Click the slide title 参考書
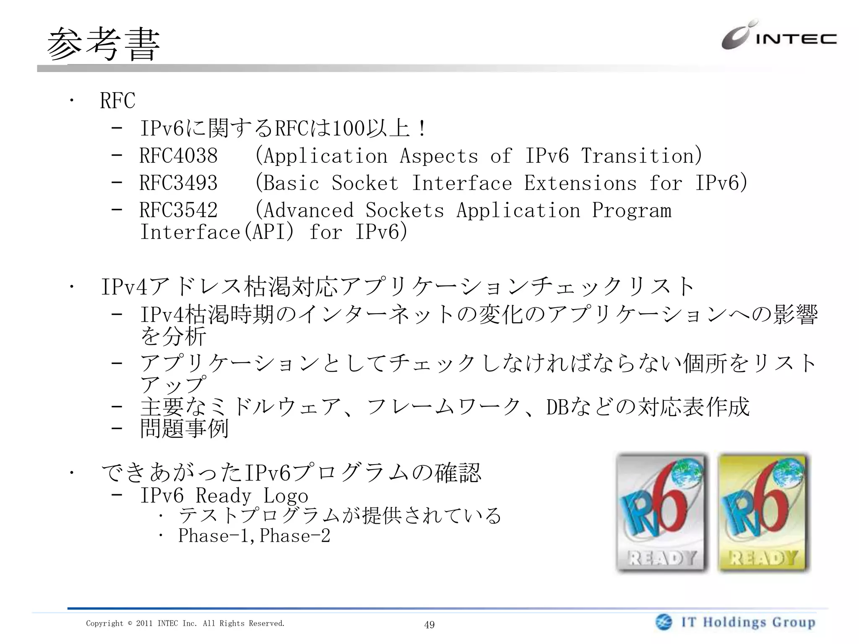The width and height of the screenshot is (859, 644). click(x=103, y=44)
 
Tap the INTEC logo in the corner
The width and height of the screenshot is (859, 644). click(x=778, y=36)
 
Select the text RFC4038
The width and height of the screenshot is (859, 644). click(x=178, y=156)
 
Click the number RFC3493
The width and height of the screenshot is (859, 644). click(x=178, y=183)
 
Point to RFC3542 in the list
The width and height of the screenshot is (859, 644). click(x=178, y=210)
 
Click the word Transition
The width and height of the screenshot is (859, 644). click(x=641, y=156)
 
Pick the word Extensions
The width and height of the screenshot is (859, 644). click(x=580, y=183)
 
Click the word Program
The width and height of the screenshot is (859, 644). click(x=631, y=210)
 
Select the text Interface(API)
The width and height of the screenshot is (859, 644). click(x=217, y=232)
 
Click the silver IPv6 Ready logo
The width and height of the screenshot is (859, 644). click(x=662, y=513)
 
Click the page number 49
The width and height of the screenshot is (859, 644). click(x=429, y=625)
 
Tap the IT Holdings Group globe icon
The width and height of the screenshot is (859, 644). click(x=664, y=622)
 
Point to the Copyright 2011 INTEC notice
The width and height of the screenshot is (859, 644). click(x=185, y=623)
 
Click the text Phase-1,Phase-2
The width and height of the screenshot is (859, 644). click(x=254, y=536)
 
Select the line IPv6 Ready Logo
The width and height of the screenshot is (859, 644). click(x=224, y=496)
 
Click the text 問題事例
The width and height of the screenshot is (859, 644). click(x=184, y=428)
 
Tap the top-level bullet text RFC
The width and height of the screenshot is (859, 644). click(x=117, y=101)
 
